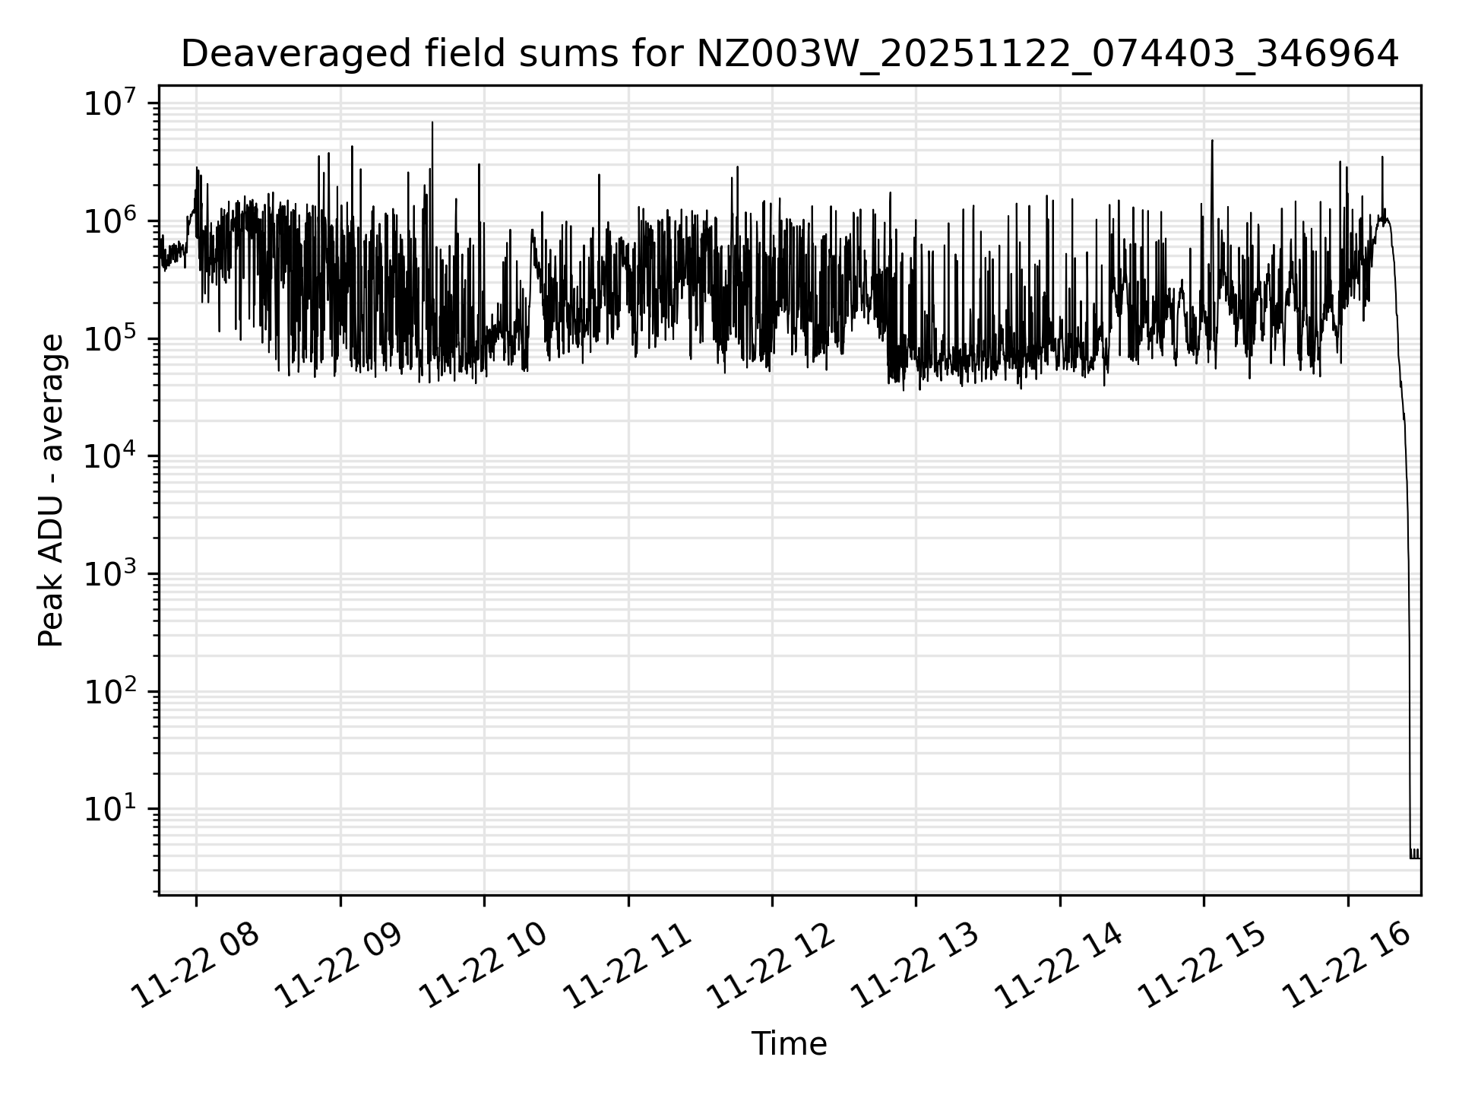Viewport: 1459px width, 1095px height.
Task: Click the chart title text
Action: pyautogui.click(x=790, y=54)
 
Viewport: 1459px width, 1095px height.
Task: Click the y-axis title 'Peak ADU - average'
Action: pyautogui.click(x=51, y=490)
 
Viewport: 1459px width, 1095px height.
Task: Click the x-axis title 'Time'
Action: pyautogui.click(x=789, y=1044)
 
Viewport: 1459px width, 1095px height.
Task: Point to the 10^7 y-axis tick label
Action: pyautogui.click(x=110, y=103)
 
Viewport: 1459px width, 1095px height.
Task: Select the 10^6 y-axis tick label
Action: pyautogui.click(x=110, y=221)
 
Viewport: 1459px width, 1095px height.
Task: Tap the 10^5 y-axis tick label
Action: pyautogui.click(x=110, y=339)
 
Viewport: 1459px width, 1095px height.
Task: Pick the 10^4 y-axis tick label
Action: pyautogui.click(x=110, y=457)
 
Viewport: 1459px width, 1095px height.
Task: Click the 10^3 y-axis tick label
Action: pyautogui.click(x=110, y=575)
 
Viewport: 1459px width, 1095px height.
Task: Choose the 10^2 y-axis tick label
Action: pyautogui.click(x=110, y=693)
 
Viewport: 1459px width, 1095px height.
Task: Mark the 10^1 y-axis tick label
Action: pyautogui.click(x=110, y=810)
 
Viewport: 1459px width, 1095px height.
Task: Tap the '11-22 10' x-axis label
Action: pyautogui.click(x=483, y=967)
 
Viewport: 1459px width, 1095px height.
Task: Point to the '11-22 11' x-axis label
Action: pyautogui.click(x=628, y=967)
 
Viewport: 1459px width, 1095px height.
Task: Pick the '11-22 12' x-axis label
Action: pyautogui.click(x=771, y=967)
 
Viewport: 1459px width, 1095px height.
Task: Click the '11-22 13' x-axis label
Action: pyautogui.click(x=915, y=967)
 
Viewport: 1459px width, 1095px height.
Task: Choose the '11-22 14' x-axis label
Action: pyautogui.click(x=1059, y=967)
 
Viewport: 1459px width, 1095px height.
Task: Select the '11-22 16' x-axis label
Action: pyautogui.click(x=1347, y=967)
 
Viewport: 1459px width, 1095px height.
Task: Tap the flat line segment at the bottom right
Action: pyautogui.click(x=1415, y=858)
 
